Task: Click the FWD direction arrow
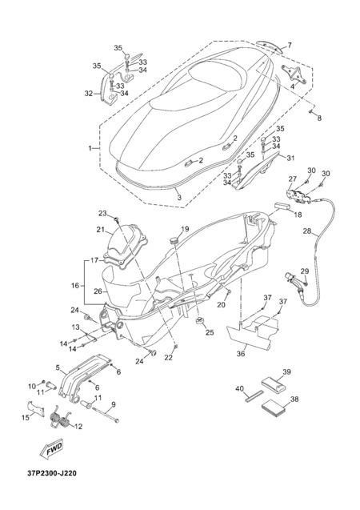click(x=51, y=449)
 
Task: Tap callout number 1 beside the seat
click(x=90, y=148)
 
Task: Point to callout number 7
click(x=290, y=45)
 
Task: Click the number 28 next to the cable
click(x=307, y=231)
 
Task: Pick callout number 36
click(x=241, y=353)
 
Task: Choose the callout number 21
click(x=100, y=230)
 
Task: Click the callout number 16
click(x=75, y=286)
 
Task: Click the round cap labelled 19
click(x=174, y=241)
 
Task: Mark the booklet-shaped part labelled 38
click(x=273, y=409)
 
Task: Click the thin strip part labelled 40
click(x=254, y=396)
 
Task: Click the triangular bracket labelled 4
click(x=294, y=74)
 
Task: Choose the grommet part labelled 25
click(x=200, y=321)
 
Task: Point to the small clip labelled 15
click(x=34, y=408)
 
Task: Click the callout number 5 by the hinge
click(x=58, y=368)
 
